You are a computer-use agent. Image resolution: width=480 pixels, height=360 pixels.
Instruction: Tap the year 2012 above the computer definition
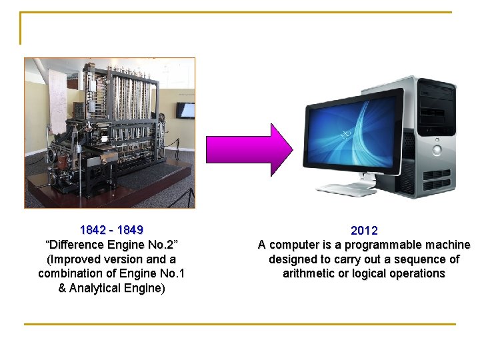[364, 231]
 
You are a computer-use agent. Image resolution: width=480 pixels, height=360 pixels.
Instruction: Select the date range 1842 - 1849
[111, 230]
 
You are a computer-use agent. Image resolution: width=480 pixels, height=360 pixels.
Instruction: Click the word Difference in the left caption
[82, 245]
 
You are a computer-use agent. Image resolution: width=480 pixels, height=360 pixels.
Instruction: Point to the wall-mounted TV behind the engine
[185, 110]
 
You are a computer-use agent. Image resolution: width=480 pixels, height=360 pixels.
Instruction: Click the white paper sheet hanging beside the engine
[57, 100]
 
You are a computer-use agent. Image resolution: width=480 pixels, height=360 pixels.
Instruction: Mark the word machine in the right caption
[447, 245]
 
